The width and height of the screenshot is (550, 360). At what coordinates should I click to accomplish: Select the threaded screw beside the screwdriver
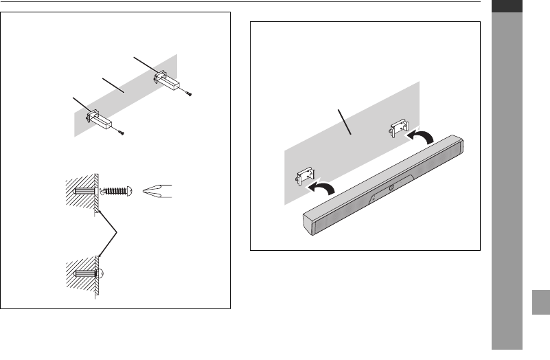click(x=117, y=190)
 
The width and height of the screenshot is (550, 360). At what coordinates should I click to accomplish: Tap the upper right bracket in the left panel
click(x=165, y=79)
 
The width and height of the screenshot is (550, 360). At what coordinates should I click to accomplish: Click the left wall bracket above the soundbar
click(x=303, y=177)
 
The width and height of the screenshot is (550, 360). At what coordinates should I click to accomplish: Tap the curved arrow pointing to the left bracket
click(x=325, y=187)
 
